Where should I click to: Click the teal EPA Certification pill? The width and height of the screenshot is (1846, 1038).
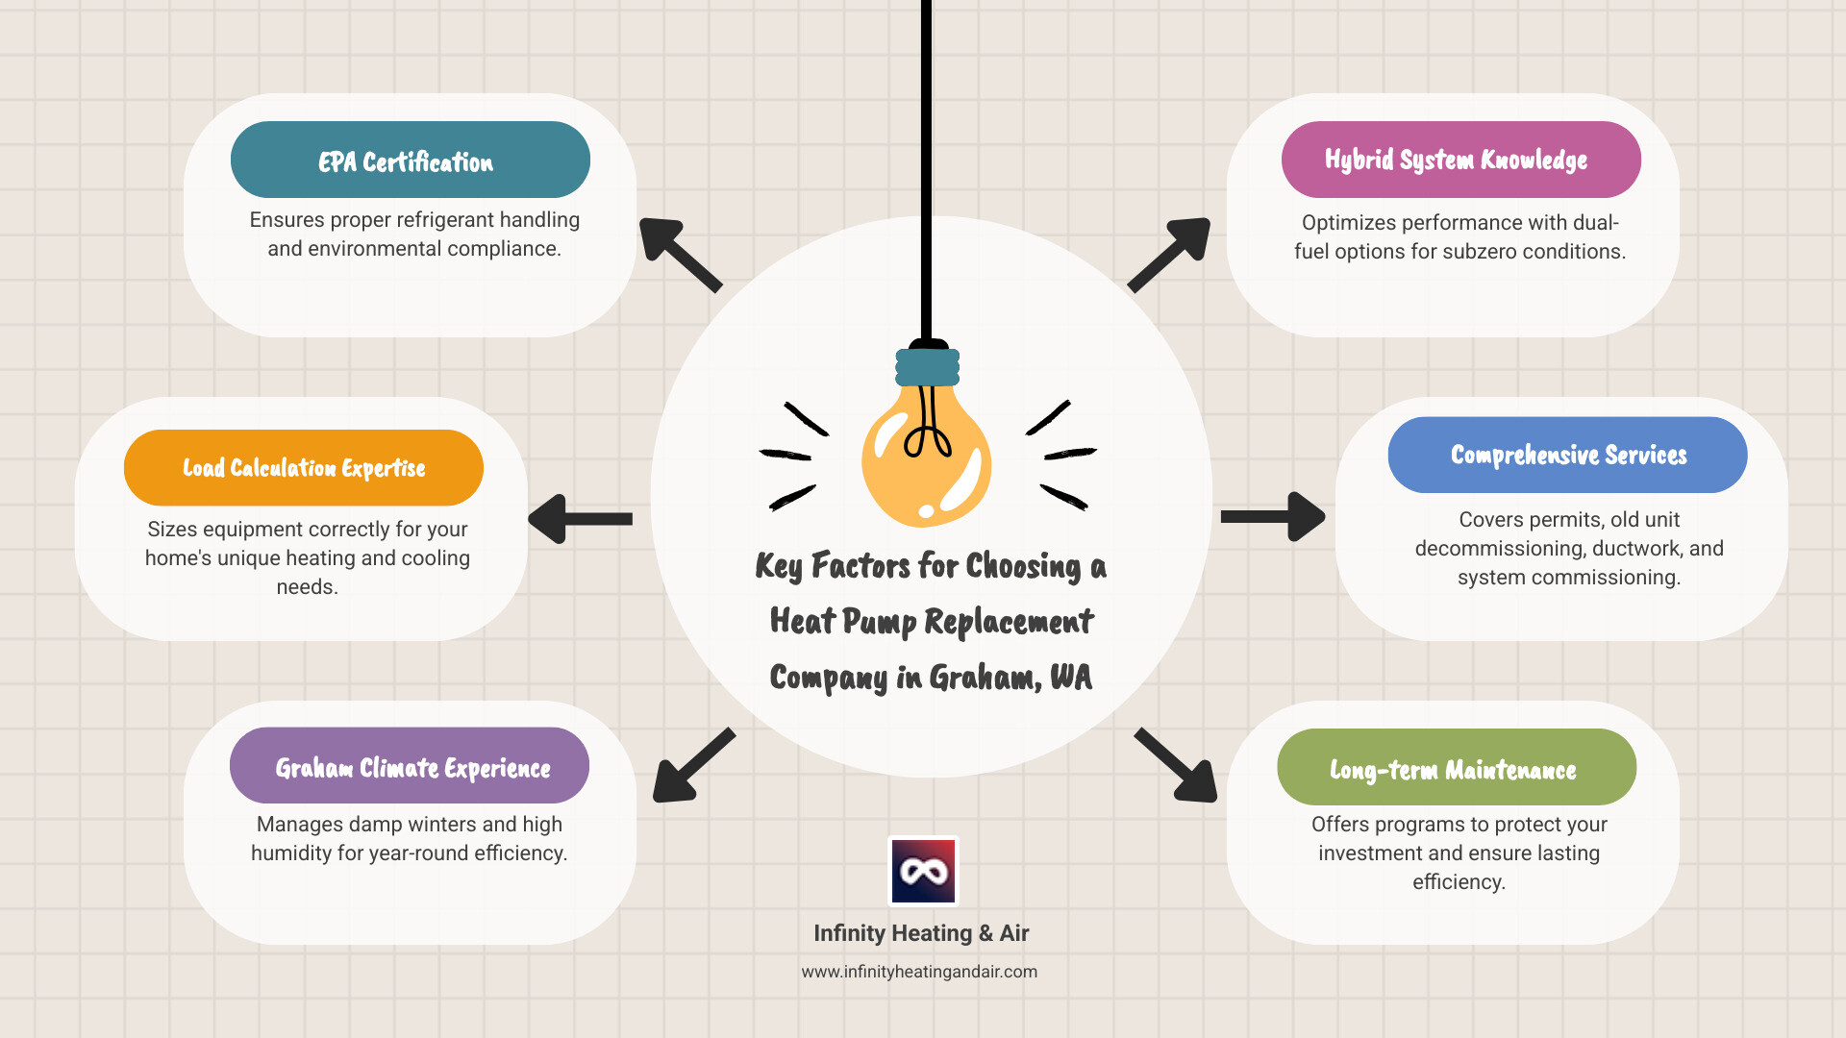[x=410, y=161]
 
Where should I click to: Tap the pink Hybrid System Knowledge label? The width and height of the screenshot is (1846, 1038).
[x=1459, y=160]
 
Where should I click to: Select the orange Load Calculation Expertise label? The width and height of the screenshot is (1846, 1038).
[x=303, y=468]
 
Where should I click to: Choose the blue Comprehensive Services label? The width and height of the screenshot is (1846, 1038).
[x=1567, y=455]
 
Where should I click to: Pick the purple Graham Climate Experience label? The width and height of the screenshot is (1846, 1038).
[x=410, y=766]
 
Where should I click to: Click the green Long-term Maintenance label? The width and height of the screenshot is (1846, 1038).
[x=1456, y=768]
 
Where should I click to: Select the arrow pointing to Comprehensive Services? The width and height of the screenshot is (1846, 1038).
[x=1273, y=517]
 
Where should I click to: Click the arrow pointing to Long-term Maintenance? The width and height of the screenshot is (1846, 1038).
[x=1177, y=766]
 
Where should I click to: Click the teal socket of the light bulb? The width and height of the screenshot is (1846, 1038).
[x=927, y=367]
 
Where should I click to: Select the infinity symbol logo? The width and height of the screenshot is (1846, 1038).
[x=923, y=872]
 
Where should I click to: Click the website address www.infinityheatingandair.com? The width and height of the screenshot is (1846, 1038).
[x=919, y=972]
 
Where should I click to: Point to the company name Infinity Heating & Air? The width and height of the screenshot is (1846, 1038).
[x=921, y=933]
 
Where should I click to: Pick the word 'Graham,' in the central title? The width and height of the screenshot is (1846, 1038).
[x=985, y=679]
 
